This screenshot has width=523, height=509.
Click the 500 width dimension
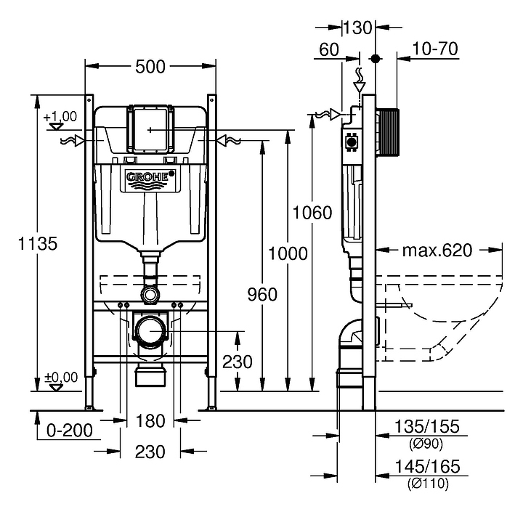151,67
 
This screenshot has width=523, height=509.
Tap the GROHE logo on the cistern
151,176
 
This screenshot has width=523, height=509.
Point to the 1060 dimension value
312,213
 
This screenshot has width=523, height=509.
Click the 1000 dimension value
288,253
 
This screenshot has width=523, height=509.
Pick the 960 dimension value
262,294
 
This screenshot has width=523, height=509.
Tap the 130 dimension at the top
357,28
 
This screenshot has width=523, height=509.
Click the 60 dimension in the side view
329,49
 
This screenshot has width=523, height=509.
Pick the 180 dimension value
151,421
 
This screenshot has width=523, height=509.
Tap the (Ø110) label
426,482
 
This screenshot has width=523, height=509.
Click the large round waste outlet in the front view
151,330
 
